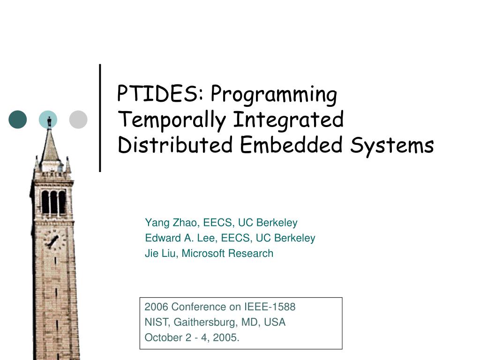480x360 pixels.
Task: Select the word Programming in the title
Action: [274, 95]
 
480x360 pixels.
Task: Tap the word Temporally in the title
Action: [172, 120]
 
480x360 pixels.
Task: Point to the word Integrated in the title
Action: [288, 120]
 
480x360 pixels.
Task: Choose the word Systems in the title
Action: [392, 146]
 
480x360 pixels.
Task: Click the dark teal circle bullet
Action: [18, 120]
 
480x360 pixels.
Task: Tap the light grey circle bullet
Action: [78, 120]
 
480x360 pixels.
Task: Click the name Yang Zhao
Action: [171, 223]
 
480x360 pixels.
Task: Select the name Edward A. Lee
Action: [180, 238]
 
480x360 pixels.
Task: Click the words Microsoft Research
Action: [227, 254]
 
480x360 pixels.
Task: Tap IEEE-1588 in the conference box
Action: [270, 307]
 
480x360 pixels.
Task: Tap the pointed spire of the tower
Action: [50, 144]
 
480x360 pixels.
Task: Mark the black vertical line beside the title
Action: [100, 118]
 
